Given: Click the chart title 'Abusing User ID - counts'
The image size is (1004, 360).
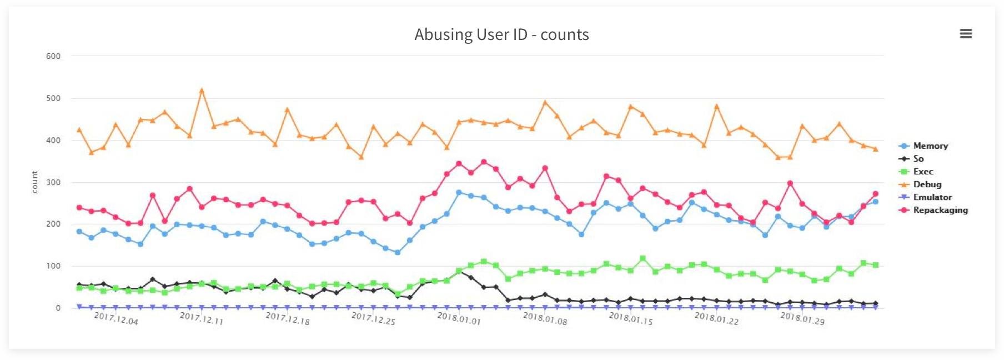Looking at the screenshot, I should point(501,34).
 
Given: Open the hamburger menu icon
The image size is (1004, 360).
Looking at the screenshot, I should point(966,34).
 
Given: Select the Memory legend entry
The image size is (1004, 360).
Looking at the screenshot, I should point(930,146).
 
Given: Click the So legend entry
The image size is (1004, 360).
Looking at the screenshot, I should point(918,159).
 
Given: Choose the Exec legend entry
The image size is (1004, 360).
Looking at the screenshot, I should point(923,172).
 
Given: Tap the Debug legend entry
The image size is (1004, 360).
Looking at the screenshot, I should point(927,184).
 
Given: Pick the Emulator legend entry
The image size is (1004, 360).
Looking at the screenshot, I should point(932,197).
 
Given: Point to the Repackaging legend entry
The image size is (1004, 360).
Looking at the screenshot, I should point(940,210).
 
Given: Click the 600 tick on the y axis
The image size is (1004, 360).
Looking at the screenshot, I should point(53,56).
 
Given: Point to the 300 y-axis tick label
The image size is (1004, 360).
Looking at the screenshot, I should point(53,182).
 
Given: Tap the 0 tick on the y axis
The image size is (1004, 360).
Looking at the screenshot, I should point(58,308).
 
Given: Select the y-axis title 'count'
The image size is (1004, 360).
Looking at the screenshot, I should point(34,182).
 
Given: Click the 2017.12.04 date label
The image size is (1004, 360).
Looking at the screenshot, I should point(116,318).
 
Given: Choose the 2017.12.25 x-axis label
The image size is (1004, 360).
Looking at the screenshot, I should point(373,318).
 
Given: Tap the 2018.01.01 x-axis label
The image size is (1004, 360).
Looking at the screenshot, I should point(459,318).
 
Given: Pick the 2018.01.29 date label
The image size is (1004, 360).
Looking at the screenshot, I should point(802,318).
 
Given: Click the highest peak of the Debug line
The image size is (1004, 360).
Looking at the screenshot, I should point(202,90).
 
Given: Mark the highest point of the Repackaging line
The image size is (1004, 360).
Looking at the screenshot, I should point(484,162).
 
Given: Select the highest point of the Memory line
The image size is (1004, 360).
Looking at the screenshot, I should point(459,192).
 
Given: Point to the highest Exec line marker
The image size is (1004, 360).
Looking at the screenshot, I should point(642,258).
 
